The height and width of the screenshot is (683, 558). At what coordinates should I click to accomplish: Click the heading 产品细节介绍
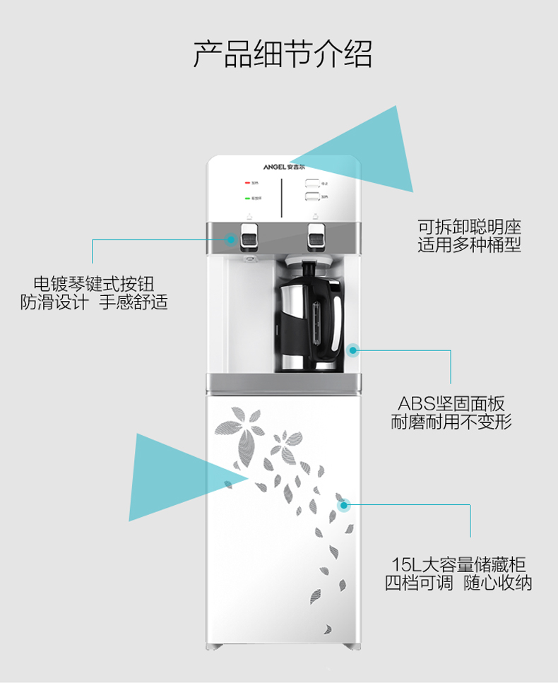tap(283, 54)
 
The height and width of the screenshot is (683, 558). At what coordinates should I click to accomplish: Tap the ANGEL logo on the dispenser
tap(284, 168)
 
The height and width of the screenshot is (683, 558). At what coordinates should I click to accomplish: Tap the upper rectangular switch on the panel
tap(312, 183)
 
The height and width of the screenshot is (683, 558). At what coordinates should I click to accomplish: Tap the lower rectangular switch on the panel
tap(312, 196)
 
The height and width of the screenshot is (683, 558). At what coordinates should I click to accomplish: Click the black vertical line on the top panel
tap(282, 198)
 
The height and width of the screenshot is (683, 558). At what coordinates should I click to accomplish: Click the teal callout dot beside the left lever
tap(231, 239)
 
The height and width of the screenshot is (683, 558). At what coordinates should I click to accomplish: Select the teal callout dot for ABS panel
tap(352, 349)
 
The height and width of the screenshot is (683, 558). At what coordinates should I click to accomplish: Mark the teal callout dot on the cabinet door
tap(344, 505)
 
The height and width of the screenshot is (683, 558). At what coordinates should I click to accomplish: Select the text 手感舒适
tap(133, 302)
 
